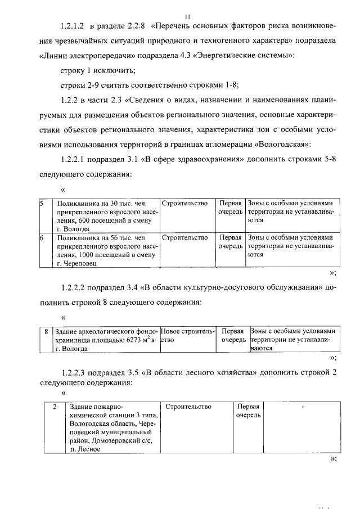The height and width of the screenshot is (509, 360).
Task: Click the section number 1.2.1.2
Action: (72, 26)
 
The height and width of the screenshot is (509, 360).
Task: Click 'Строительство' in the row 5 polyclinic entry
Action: (184, 204)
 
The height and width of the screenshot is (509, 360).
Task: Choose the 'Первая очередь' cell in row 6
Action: (231, 242)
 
